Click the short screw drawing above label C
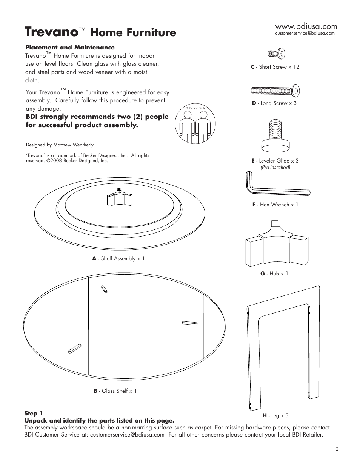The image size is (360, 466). click(x=276, y=54)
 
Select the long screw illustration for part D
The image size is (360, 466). click(x=276, y=91)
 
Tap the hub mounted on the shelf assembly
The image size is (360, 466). click(x=120, y=197)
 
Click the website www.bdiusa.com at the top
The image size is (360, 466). click(x=306, y=26)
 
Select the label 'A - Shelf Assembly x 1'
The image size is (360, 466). click(x=118, y=258)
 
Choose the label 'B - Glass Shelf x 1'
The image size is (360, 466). click(x=115, y=391)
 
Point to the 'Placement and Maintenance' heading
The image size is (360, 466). click(x=70, y=48)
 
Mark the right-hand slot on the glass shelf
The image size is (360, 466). click(x=189, y=323)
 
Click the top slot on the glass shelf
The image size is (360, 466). click(x=105, y=290)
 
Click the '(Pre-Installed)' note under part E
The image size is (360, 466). click(x=275, y=167)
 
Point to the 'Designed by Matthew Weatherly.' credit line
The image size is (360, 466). click(x=60, y=145)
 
